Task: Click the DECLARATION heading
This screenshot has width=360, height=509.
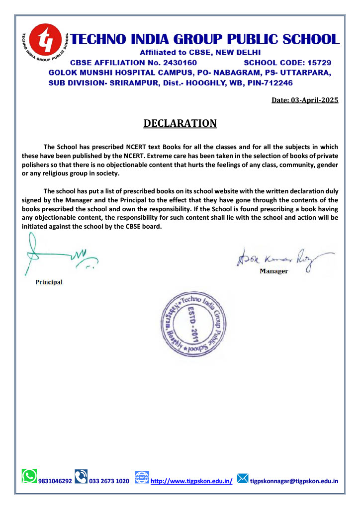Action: [180, 123]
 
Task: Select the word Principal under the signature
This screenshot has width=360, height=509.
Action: [49, 282]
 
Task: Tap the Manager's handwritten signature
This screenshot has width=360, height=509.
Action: [278, 259]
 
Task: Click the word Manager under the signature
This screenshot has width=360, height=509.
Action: [273, 271]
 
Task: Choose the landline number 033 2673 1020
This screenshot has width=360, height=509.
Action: [109, 481]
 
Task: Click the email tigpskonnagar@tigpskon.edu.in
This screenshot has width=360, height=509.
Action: [294, 481]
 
